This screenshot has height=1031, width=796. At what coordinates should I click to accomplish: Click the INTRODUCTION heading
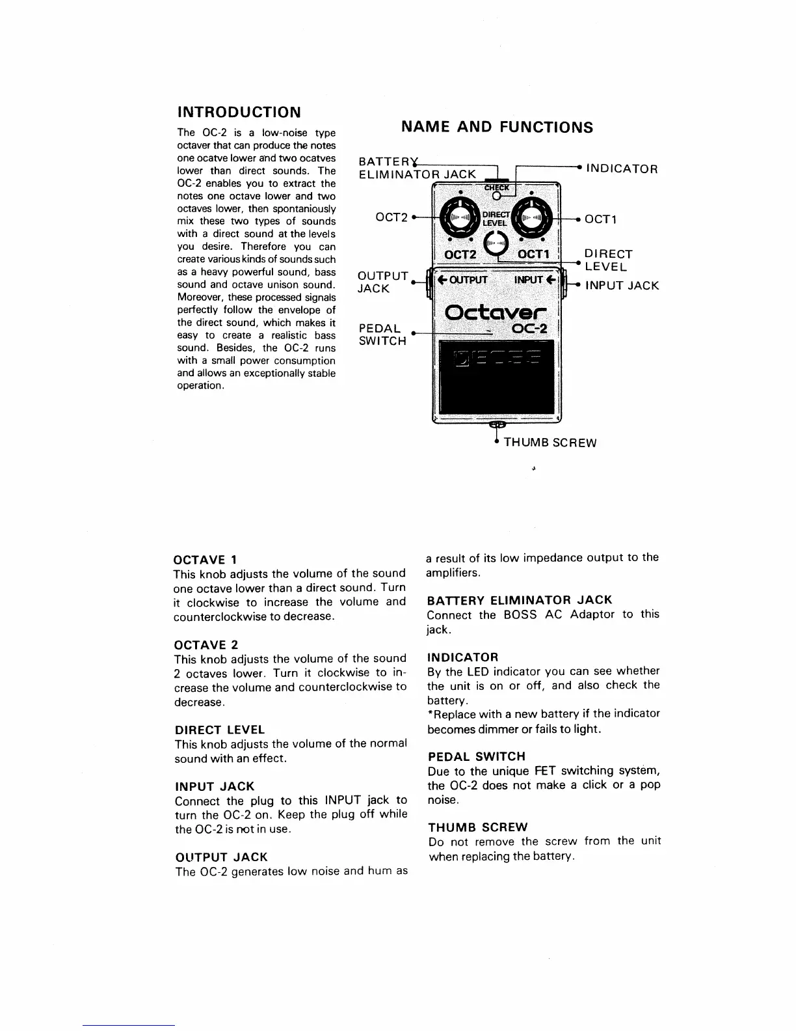239,112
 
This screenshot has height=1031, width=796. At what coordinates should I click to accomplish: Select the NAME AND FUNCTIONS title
497,127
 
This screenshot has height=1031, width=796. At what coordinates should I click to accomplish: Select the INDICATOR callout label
622,169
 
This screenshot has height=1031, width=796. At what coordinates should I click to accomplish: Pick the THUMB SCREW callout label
550,443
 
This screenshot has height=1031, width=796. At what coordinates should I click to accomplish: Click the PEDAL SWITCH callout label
382,335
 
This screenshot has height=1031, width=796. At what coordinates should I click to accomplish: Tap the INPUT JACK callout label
622,286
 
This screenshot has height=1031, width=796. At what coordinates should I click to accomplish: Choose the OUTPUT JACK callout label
383,282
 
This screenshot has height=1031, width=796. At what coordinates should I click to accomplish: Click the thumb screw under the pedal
497,425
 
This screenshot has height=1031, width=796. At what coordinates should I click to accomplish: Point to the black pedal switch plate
497,376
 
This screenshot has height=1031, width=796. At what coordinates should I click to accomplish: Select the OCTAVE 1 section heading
206,560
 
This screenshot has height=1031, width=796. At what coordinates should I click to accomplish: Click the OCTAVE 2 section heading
206,645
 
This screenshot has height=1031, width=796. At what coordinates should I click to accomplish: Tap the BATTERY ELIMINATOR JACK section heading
520,600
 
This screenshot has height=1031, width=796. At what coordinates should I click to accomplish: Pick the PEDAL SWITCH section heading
476,756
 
